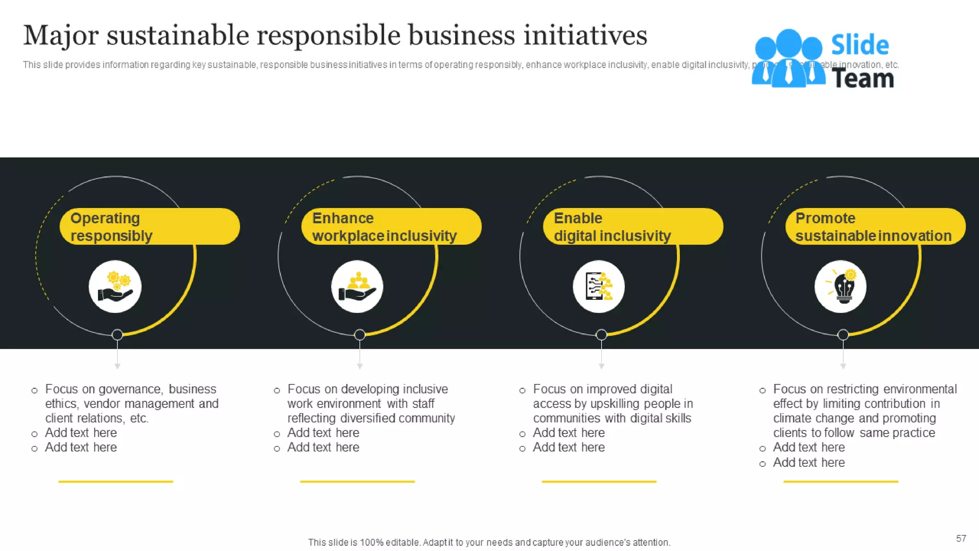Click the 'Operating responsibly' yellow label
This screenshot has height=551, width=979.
pos(149,227)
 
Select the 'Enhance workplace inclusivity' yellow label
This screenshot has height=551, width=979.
pos(391,227)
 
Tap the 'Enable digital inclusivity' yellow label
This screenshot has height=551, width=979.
pos(633,227)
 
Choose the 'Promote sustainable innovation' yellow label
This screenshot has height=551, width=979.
pos(875,227)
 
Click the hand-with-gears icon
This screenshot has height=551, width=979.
pos(115,287)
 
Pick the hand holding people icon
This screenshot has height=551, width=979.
pos(357,287)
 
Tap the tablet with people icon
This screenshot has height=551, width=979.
pos(599,287)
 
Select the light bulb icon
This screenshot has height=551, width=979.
pos(841,287)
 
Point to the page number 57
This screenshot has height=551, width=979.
pos(961,539)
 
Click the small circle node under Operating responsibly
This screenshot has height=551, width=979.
pos(117,335)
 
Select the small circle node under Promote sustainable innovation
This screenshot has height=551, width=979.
pos(843,335)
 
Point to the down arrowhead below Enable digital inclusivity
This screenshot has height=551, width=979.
pos(601,366)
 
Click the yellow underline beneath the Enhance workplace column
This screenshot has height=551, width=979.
pos(357,482)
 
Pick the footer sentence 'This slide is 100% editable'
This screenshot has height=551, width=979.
pos(489,542)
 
